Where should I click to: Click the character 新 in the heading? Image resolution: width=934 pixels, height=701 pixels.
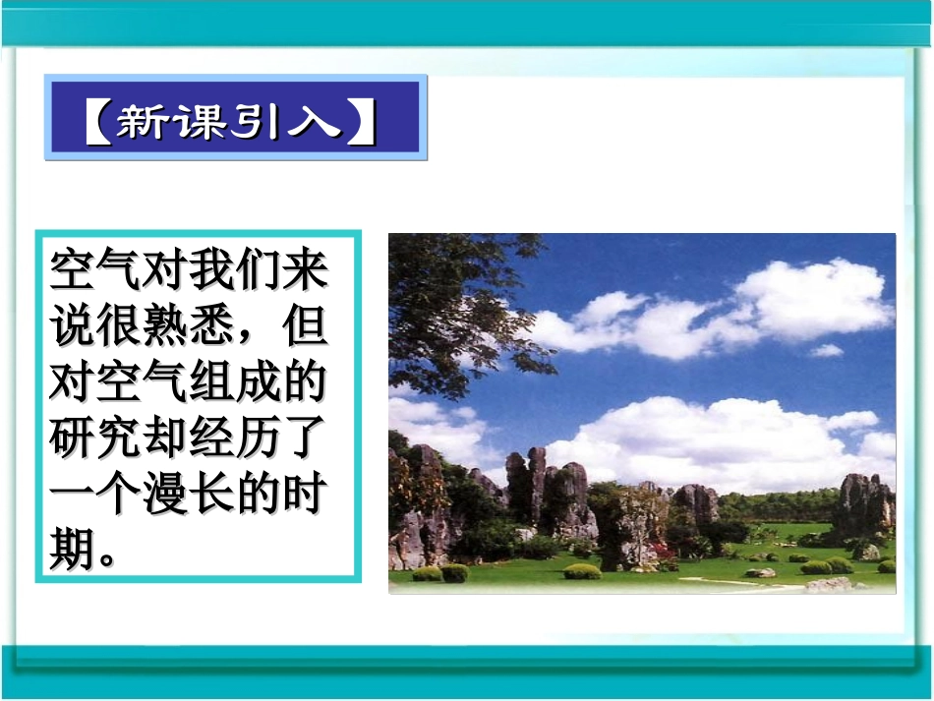(x=144, y=122)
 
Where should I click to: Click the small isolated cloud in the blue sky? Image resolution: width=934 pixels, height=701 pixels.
(x=826, y=350)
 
